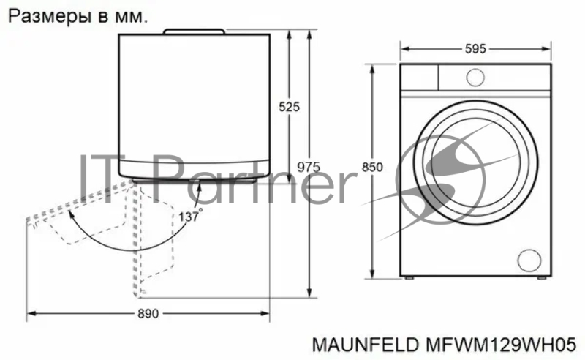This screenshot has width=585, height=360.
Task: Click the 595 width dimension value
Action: click(475, 48)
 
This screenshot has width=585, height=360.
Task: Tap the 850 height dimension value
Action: click(372, 167)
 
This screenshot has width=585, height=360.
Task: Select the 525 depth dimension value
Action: click(289, 107)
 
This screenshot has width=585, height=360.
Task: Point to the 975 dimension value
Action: click(309, 167)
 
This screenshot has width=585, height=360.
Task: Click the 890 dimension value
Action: click(148, 314)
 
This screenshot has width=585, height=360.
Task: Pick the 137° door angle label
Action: click(191, 216)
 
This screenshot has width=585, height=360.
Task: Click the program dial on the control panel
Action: click(475, 78)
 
